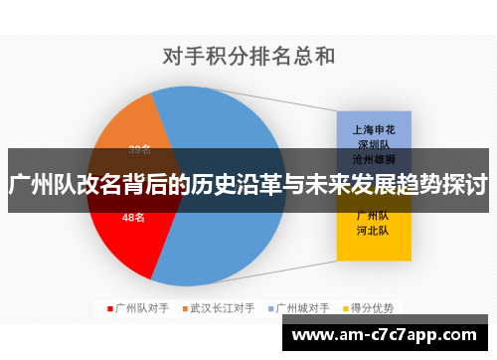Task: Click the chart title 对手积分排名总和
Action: (249, 57)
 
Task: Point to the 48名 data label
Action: (134, 217)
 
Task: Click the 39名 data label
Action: (139, 150)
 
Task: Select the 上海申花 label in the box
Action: (373, 130)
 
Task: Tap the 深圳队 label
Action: (373, 144)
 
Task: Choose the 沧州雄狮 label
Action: (373, 158)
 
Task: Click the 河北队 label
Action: (373, 230)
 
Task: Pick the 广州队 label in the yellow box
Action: (373, 216)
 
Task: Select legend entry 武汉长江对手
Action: (223, 307)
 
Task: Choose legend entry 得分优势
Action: (375, 307)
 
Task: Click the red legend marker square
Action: (110, 307)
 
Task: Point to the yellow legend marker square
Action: (348, 307)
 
